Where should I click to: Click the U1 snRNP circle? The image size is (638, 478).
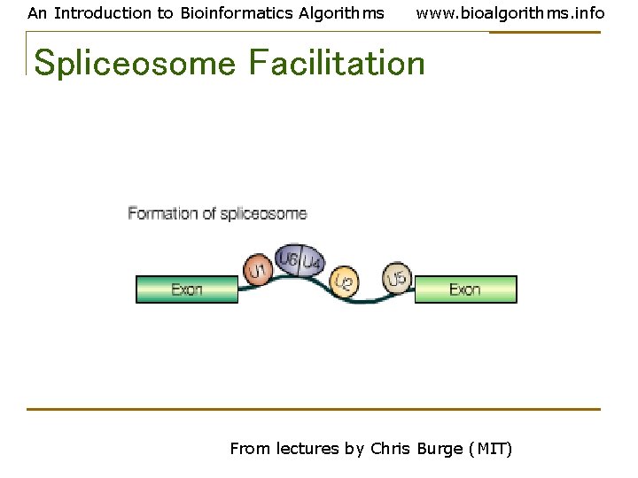coord(257,270)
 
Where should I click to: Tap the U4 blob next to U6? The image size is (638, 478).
coord(311,262)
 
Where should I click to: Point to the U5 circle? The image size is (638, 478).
coord(398,278)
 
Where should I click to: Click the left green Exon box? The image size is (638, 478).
coord(187,289)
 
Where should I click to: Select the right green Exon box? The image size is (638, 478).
coord(465,289)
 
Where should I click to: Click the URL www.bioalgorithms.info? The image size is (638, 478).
coord(510,13)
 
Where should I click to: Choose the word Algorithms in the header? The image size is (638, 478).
coord(342,13)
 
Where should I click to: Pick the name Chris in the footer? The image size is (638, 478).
coord(391,449)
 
